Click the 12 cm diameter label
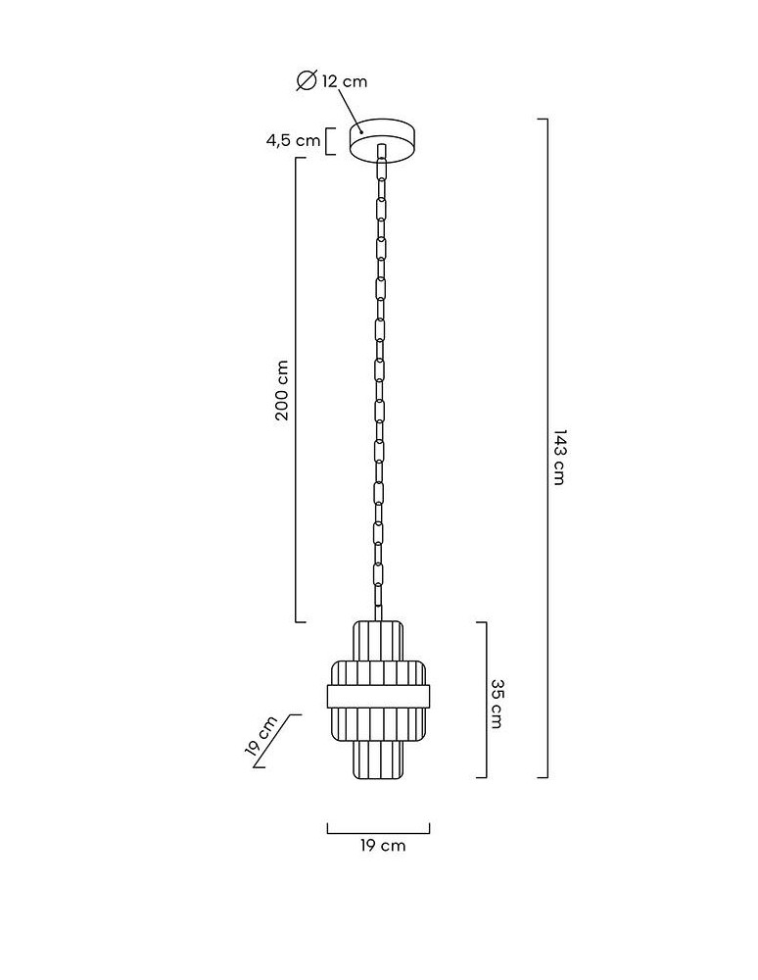pos(345,81)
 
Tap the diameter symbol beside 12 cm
pos(306,80)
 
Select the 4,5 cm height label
pos(294,140)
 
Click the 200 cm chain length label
pos(282,390)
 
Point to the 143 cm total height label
pos(559,457)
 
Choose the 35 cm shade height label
pos(496,704)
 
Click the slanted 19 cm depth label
pos(261,736)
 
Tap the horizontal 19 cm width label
pos(383,846)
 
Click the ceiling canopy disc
pos(382,140)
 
